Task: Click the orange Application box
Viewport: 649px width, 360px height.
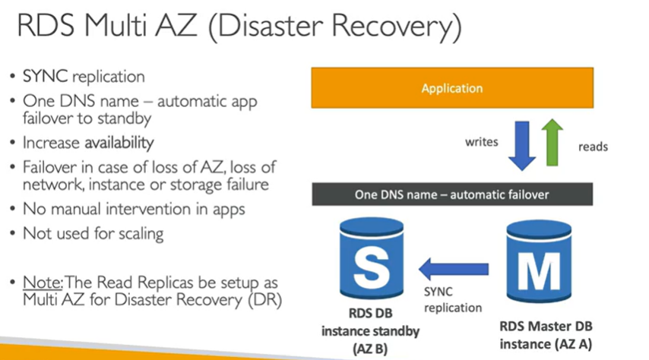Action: (x=452, y=88)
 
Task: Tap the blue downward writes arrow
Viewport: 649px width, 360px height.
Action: (x=522, y=145)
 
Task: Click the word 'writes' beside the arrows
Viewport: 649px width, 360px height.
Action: (x=481, y=142)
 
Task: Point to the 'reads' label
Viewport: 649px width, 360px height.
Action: (x=594, y=147)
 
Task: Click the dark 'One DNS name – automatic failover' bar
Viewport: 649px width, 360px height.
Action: (x=452, y=194)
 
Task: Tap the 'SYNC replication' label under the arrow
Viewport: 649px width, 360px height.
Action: (x=453, y=300)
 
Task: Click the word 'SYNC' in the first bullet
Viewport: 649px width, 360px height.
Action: (x=46, y=77)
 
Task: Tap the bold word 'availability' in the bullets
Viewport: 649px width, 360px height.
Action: (x=119, y=142)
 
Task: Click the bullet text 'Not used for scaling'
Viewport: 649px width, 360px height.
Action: (x=93, y=233)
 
